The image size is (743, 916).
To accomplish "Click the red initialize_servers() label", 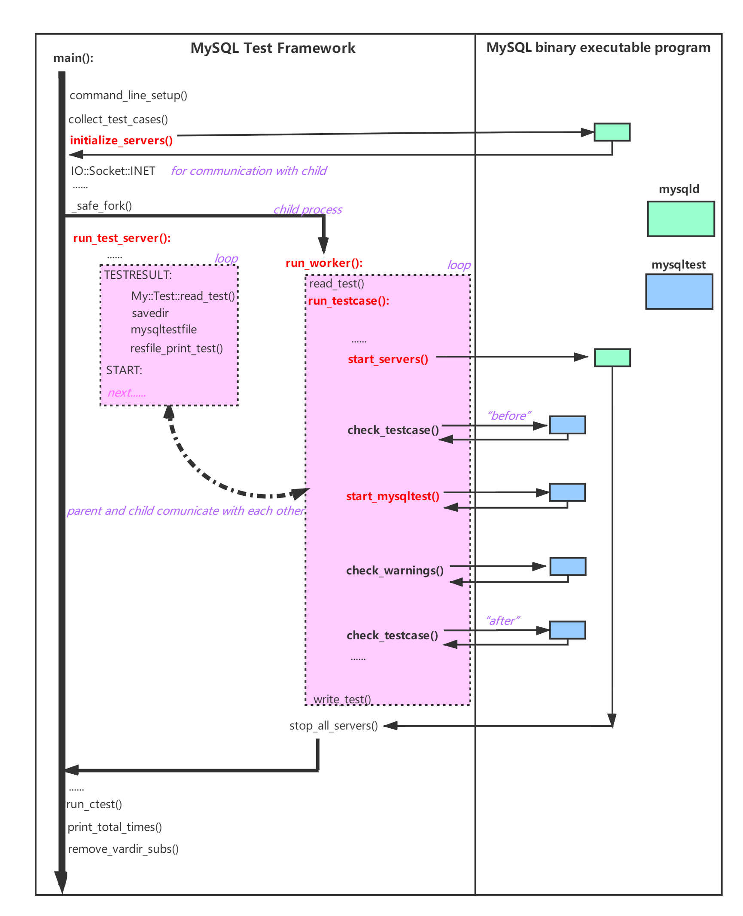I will pyautogui.click(x=121, y=140).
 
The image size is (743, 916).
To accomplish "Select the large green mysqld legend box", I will pyautogui.click(x=681, y=219).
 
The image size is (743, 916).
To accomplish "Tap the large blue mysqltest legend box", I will pyautogui.click(x=679, y=292).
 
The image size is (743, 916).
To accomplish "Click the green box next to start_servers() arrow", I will pyautogui.click(x=612, y=357).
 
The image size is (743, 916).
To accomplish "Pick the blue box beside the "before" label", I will pyautogui.click(x=567, y=425).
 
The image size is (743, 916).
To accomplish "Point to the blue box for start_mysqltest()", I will pyautogui.click(x=567, y=492).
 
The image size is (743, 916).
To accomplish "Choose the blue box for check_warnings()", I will pyautogui.click(x=568, y=566).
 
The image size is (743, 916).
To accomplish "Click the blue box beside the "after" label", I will pyautogui.click(x=567, y=630).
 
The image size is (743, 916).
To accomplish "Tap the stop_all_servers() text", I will pyautogui.click(x=333, y=726).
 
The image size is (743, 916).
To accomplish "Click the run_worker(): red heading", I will pyautogui.click(x=324, y=263).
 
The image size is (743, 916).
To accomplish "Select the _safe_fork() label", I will pyautogui.click(x=102, y=206).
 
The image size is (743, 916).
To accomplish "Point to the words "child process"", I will pyautogui.click(x=308, y=210).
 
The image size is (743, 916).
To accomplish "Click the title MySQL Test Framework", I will pyautogui.click(x=273, y=48).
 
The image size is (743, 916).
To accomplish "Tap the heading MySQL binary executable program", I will pyautogui.click(x=598, y=47).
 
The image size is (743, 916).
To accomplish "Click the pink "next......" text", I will pyautogui.click(x=127, y=393).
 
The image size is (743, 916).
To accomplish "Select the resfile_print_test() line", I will pyautogui.click(x=176, y=348).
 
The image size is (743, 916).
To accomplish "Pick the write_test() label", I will pyautogui.click(x=342, y=699).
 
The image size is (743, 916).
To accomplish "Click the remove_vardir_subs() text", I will pyautogui.click(x=123, y=849).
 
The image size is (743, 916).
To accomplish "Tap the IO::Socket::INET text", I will pyautogui.click(x=113, y=171).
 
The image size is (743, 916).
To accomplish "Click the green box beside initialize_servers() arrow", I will pyautogui.click(x=612, y=132).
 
